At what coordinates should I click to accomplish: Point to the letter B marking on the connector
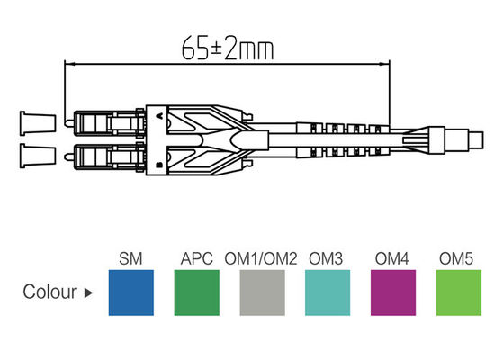(159, 164)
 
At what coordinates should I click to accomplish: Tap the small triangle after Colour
(88, 293)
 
